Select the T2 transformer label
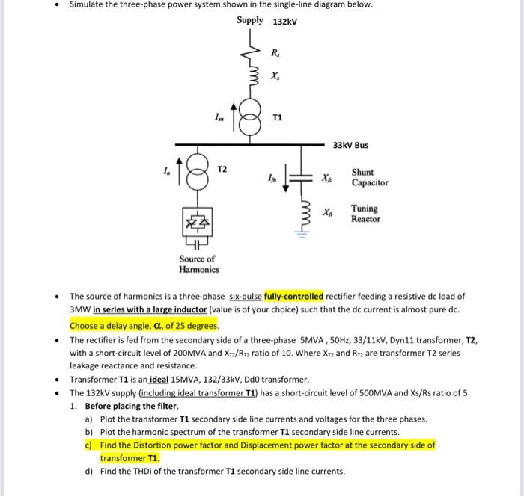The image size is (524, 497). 222,170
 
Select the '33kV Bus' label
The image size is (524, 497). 350,145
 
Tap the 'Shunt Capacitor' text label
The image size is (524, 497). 370,177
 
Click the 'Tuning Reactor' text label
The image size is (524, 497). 365,214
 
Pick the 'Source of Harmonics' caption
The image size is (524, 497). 197,264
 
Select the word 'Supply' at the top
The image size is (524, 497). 250,20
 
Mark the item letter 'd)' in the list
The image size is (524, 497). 90,471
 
